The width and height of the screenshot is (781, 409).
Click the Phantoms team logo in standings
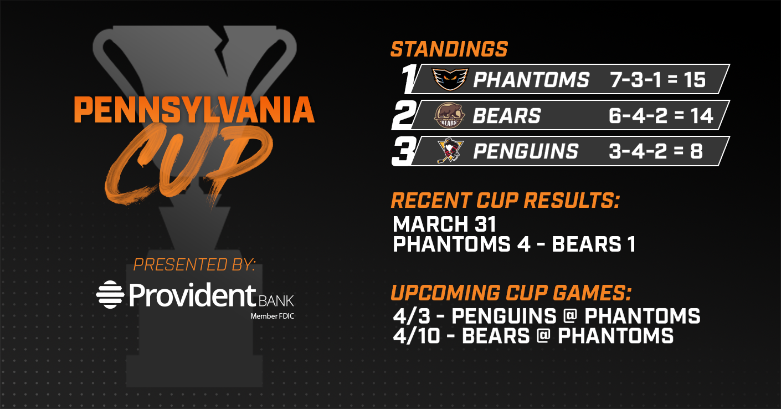coord(450,79)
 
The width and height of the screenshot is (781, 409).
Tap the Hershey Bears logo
coord(449,115)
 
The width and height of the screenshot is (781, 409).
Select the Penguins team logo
coord(450,151)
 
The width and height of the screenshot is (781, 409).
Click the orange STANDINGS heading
coord(449,49)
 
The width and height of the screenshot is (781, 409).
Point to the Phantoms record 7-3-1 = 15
coord(658,80)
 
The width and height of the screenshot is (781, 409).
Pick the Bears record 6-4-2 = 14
coord(661,115)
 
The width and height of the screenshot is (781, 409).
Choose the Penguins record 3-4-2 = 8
coord(656,151)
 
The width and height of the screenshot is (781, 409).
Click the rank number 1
coord(409,79)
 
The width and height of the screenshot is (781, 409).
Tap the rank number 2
coord(404,115)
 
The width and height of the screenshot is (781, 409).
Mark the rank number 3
coord(404,151)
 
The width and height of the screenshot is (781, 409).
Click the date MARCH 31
coord(444,224)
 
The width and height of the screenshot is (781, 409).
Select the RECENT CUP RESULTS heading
coord(505,201)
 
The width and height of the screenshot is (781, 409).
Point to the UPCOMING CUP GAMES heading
coord(511,293)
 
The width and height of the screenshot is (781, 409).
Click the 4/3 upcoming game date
coord(412,316)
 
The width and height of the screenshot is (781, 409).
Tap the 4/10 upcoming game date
coord(417,336)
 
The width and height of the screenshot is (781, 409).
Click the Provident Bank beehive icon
coord(110,294)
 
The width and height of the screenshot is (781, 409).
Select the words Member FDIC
coord(273,316)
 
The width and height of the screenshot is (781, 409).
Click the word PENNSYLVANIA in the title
coord(194,110)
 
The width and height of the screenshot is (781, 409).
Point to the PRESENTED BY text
coord(194,265)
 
